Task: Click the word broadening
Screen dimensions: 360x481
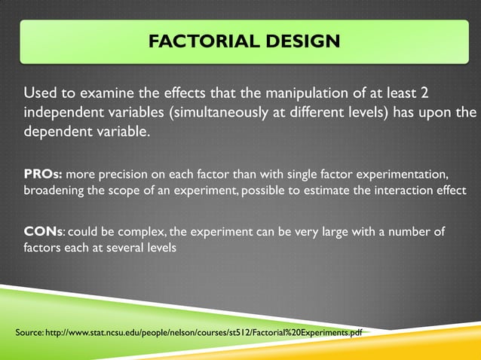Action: coord(54,191)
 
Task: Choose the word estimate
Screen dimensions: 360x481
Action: coord(314,191)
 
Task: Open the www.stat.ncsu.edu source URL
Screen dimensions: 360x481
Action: coord(204,332)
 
